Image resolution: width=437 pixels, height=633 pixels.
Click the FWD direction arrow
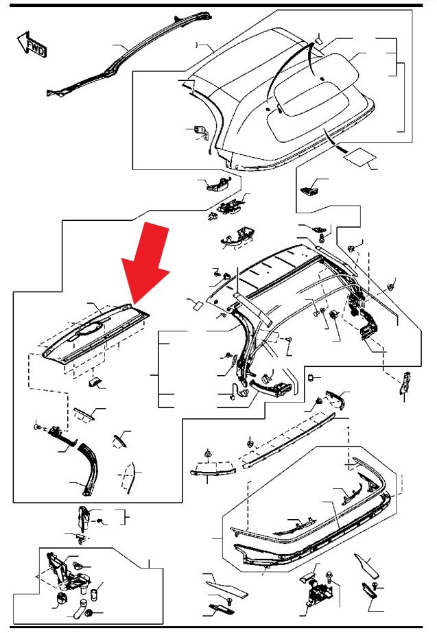pyautogui.click(x=32, y=44)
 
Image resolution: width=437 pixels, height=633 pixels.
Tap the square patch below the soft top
pyautogui.click(x=359, y=156)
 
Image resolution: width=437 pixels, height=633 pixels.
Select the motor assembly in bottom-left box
pyautogui.click(x=67, y=573)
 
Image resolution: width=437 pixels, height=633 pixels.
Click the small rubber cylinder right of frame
pyautogui.click(x=311, y=378)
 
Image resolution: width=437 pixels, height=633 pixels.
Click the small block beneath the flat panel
pyautogui.click(x=95, y=382)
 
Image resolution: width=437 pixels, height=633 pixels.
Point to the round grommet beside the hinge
pyautogui.click(x=334, y=315)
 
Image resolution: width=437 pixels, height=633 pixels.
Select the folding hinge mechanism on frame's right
pyautogui.click(x=362, y=314)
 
